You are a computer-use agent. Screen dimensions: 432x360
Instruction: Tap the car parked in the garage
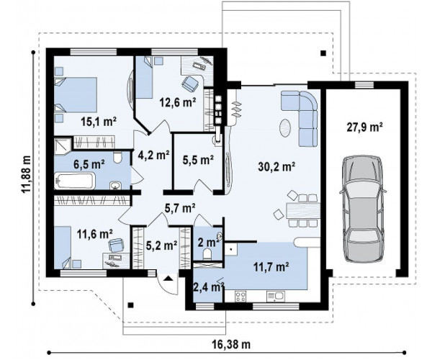click(x=362, y=209)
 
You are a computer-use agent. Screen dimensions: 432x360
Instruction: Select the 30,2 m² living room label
click(x=276, y=166)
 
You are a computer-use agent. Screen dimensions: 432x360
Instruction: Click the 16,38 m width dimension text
click(x=231, y=344)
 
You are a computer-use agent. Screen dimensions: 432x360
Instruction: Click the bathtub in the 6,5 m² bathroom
click(x=74, y=181)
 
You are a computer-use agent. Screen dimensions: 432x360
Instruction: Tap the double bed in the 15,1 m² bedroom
click(x=76, y=94)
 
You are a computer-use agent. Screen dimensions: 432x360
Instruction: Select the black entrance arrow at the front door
click(x=168, y=279)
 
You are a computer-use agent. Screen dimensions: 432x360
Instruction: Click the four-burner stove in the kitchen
click(x=240, y=297)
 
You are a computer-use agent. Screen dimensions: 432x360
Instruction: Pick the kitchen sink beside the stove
click(x=276, y=297)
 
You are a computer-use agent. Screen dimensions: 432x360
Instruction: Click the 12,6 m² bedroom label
click(x=178, y=102)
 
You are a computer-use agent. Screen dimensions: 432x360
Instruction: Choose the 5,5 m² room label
click(x=199, y=159)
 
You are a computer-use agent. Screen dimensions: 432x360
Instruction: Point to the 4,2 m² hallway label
click(x=153, y=155)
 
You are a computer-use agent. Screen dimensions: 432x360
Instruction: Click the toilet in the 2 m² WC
click(x=207, y=254)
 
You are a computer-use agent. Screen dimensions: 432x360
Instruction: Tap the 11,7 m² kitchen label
click(x=271, y=266)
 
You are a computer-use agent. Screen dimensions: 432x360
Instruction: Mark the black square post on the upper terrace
click(x=323, y=53)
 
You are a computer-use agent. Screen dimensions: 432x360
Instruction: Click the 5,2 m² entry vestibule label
click(x=161, y=245)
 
